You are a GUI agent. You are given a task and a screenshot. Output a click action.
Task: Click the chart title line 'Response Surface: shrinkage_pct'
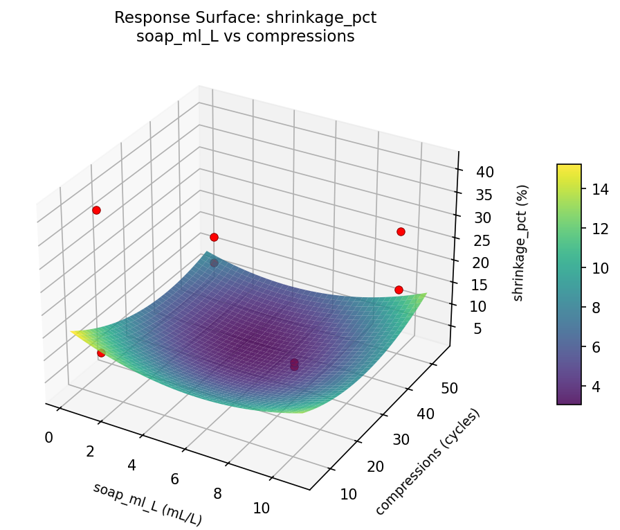point(246,18)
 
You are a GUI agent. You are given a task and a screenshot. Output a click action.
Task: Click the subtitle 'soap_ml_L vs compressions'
point(246,37)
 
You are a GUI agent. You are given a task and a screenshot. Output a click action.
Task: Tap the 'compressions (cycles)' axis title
point(427,462)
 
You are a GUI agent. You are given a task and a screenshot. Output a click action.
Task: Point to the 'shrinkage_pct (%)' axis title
point(524,242)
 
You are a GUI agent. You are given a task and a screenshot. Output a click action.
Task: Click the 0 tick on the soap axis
point(48,437)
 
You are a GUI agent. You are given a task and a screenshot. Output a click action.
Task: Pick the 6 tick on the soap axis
point(174,479)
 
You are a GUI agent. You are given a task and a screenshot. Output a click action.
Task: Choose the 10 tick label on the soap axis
point(261,508)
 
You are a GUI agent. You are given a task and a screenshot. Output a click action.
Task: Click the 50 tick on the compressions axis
point(448,388)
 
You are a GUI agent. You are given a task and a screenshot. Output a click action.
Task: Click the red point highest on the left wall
point(96,210)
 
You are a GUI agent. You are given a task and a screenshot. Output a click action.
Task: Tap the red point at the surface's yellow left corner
point(101,353)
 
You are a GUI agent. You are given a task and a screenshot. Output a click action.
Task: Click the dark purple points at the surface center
point(294,364)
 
